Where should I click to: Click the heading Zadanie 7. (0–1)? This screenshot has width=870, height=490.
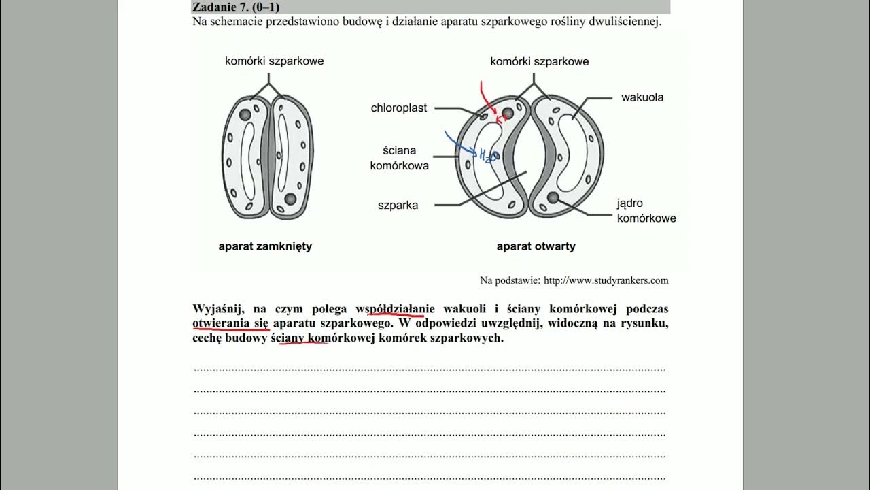pos(235,7)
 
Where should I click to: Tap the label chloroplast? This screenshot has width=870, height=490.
pos(399,108)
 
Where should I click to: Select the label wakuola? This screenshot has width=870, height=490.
pos(642,97)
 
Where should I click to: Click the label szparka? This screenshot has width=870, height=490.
pos(398,205)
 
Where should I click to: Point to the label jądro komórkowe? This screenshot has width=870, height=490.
pos(646,211)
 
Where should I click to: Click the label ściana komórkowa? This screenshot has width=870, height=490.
pos(399,158)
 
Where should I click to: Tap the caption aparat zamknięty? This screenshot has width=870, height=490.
pos(265,246)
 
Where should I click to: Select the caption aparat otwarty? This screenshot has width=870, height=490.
pos(536,246)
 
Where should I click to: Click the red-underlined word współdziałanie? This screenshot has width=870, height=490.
pos(395,309)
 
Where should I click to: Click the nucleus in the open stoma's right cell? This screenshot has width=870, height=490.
pos(553,197)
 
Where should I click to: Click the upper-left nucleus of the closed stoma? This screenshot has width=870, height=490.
pos(245,115)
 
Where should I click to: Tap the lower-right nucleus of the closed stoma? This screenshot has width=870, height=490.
pos(290,199)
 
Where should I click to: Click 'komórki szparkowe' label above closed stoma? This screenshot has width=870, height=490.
pos(274,61)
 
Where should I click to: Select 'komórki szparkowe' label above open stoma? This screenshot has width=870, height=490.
pos(539,62)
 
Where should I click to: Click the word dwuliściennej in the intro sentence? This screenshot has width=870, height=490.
pos(623,22)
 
